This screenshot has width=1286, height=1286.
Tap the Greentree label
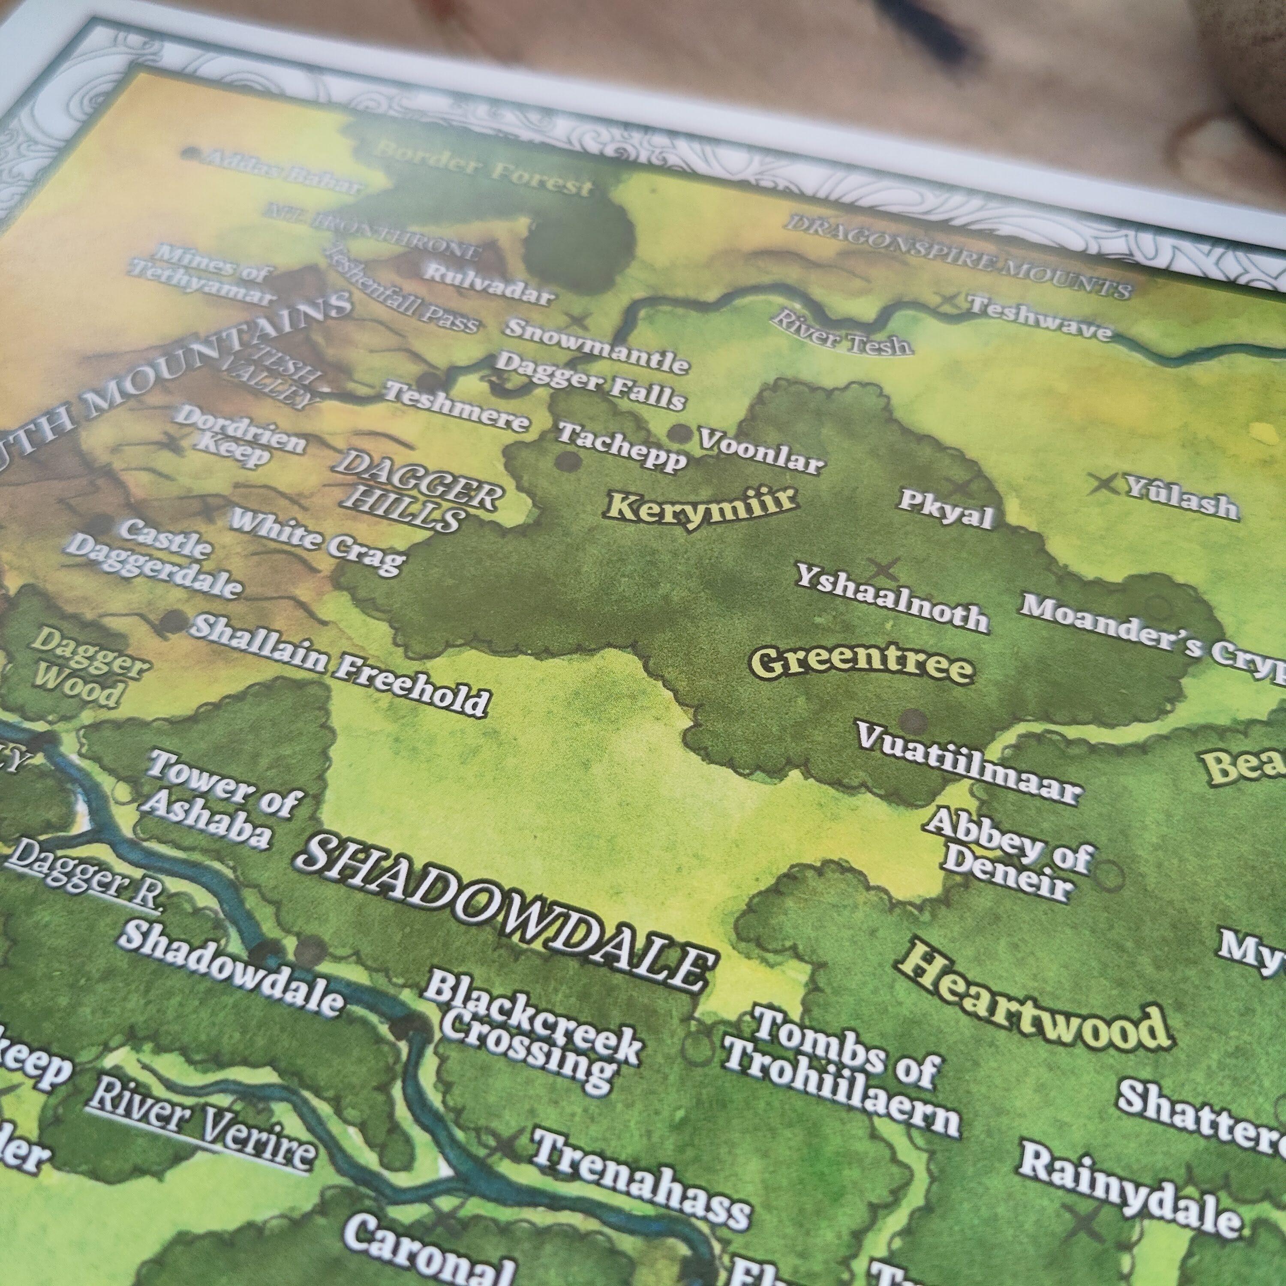click(x=861, y=664)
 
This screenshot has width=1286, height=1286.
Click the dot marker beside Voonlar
click(x=680, y=433)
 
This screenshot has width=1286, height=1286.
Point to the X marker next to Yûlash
click(x=1103, y=483)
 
